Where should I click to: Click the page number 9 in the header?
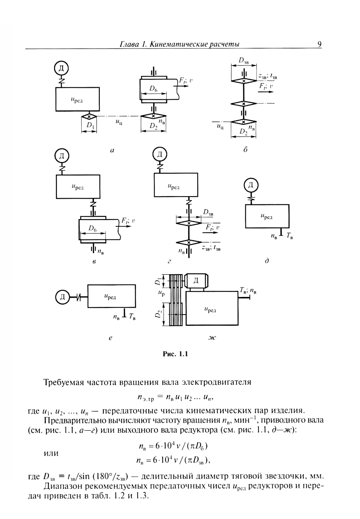(319, 44)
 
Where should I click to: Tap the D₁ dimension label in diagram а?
(90, 126)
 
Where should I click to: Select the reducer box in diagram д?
(267, 216)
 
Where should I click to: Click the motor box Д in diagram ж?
(196, 281)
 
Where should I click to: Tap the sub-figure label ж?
(212, 338)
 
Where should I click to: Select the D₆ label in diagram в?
(93, 229)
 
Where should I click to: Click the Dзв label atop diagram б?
(244, 60)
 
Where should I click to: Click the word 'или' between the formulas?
(51, 453)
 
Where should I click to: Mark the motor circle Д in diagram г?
(160, 155)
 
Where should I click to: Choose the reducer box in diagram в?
(78, 187)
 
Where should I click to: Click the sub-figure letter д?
(267, 261)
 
